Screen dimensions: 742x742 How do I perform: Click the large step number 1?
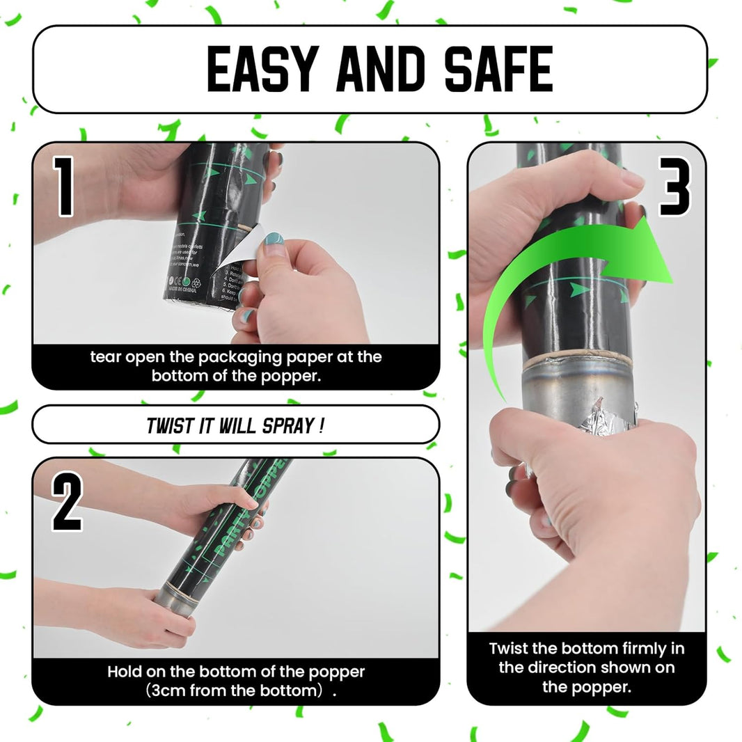64,186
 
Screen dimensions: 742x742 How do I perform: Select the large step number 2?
67,503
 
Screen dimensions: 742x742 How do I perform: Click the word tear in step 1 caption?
104,358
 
